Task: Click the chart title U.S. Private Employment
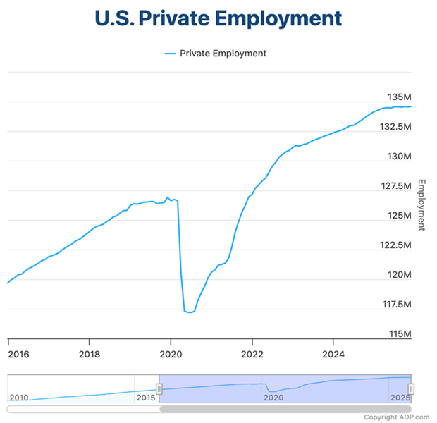(x=218, y=18)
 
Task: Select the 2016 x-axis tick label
(x=18, y=354)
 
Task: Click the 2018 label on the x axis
(x=89, y=354)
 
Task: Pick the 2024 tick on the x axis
(x=333, y=354)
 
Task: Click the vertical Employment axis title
(x=422, y=205)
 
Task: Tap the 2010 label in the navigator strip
(x=19, y=398)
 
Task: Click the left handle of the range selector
(x=159, y=388)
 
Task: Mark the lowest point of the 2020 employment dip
(x=189, y=312)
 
